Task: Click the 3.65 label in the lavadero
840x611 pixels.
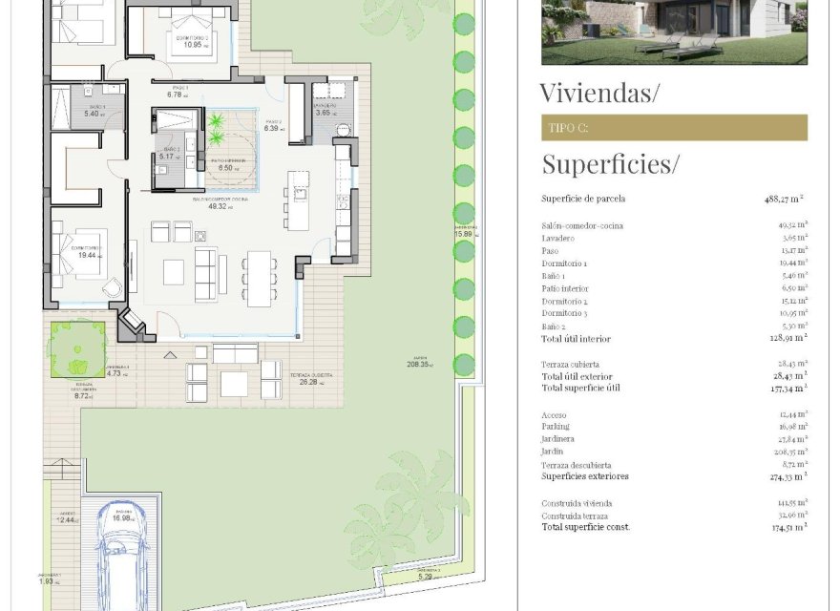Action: [x=323, y=114]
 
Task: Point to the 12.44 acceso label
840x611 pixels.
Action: [x=65, y=520]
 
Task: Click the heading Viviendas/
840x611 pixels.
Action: [x=599, y=94]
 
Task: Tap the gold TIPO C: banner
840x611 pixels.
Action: [x=674, y=128]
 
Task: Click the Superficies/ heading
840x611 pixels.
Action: [x=610, y=164]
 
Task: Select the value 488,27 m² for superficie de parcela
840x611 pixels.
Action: [x=784, y=200]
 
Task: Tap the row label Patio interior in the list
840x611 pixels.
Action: [x=565, y=288]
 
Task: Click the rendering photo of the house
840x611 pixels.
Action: [x=674, y=32]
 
